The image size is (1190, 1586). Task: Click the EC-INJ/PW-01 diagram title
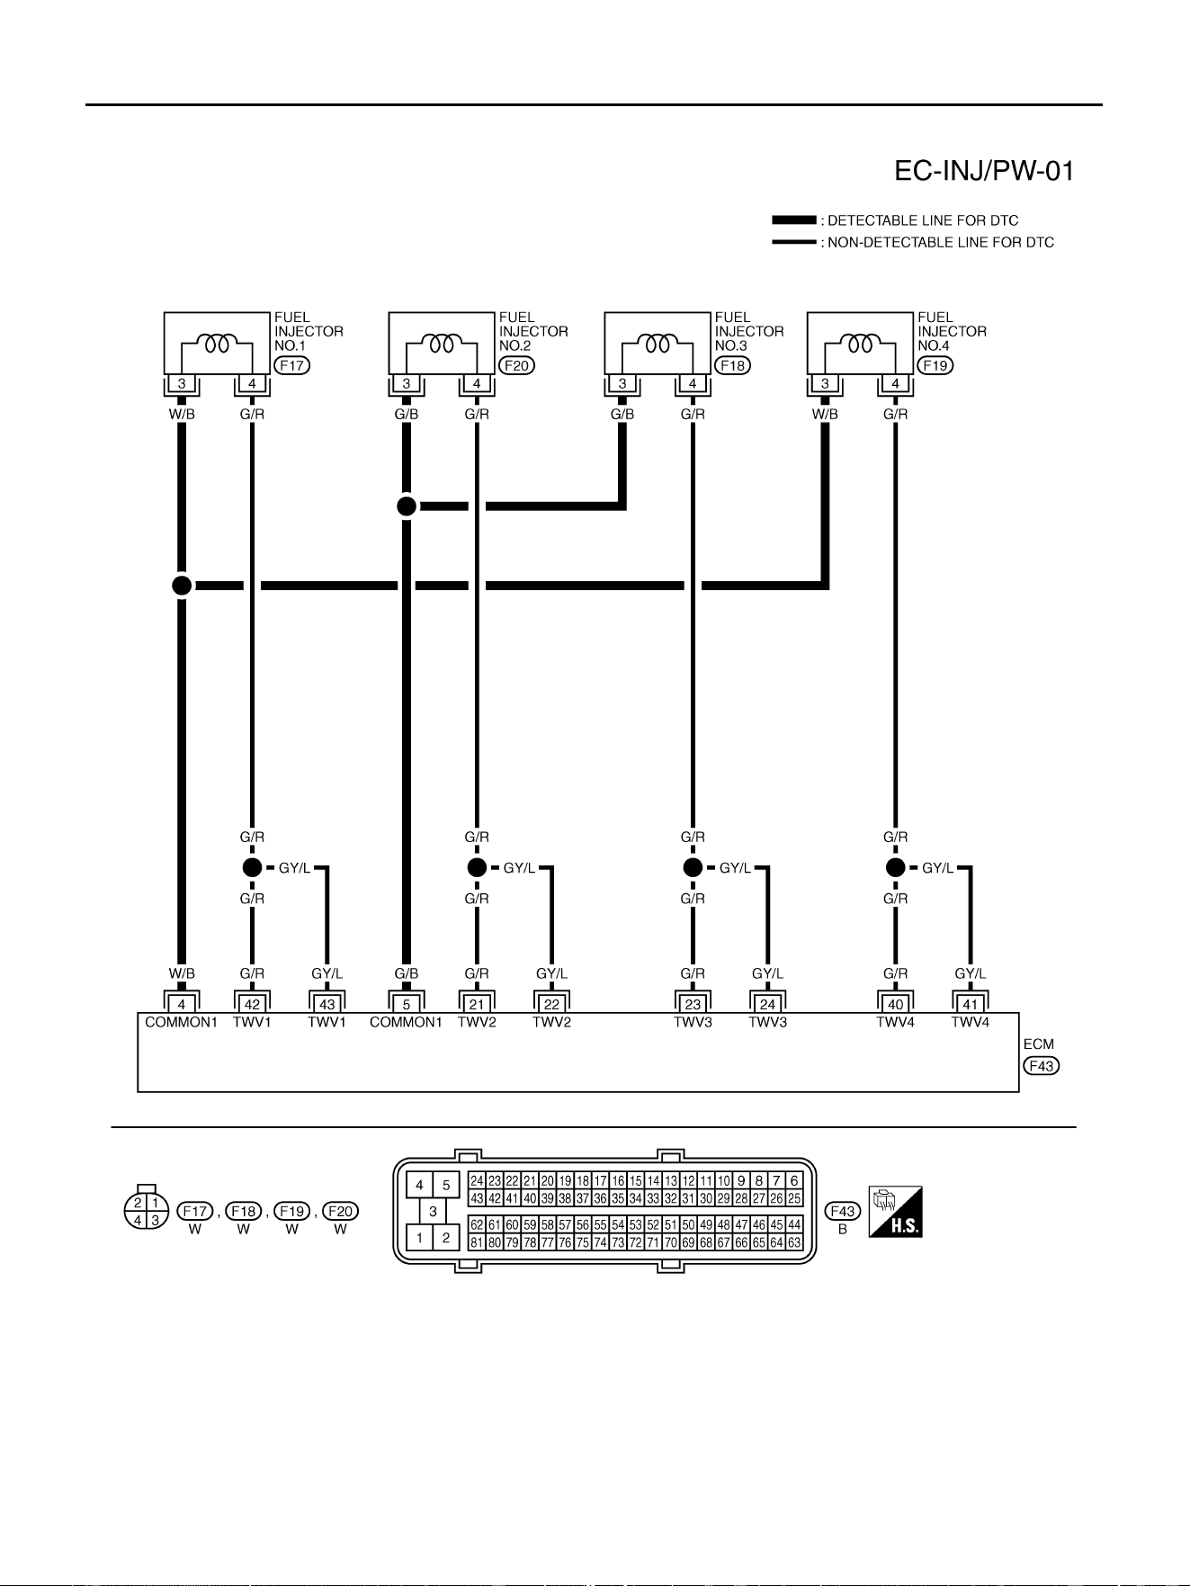click(x=984, y=171)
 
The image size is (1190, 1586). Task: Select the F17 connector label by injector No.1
click(x=291, y=365)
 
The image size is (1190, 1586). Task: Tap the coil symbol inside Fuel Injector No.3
click(x=657, y=344)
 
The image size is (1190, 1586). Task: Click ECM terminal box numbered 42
click(x=252, y=1005)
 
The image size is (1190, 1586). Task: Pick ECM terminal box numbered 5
click(x=407, y=1005)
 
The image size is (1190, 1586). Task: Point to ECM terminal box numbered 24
click(x=767, y=1005)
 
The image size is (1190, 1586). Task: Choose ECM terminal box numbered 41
click(x=970, y=1005)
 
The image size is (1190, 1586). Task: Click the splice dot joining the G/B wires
click(x=407, y=506)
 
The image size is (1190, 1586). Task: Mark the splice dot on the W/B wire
click(x=182, y=586)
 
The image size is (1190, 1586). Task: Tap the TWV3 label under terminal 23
click(x=693, y=1022)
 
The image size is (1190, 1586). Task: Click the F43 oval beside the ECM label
click(x=1042, y=1066)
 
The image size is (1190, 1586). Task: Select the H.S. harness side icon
click(x=895, y=1212)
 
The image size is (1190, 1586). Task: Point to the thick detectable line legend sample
click(x=793, y=220)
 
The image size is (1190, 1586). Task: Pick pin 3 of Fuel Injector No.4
click(x=825, y=384)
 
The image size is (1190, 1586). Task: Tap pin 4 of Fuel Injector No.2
click(x=477, y=384)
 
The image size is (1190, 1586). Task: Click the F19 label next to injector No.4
click(x=935, y=365)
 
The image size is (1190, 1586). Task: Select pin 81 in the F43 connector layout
click(x=477, y=1243)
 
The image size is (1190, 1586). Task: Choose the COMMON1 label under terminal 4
click(x=182, y=1022)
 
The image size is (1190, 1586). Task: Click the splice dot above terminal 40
click(x=895, y=867)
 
